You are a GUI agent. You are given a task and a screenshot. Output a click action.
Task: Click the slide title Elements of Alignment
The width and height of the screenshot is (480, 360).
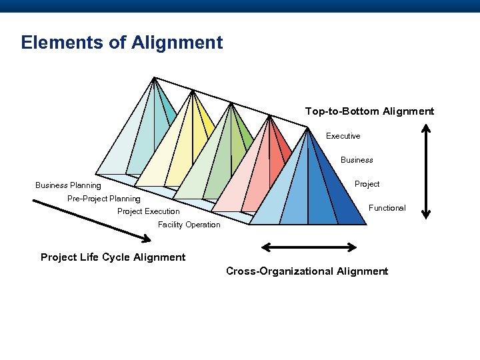(122, 43)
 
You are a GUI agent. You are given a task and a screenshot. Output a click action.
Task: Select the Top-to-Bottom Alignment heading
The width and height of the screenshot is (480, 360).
(369, 111)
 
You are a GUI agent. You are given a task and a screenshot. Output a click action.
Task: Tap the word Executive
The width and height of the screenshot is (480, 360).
(343, 136)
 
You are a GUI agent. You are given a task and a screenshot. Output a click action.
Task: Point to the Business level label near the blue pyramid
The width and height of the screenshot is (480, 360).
(357, 160)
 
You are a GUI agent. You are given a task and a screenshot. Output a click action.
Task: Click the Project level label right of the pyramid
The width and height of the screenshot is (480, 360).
(367, 184)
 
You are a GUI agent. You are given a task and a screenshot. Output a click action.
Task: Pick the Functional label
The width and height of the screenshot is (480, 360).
(387, 208)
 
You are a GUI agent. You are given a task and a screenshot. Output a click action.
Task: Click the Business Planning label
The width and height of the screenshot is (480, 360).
(68, 185)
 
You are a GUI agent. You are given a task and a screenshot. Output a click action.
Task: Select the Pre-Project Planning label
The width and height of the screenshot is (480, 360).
(104, 199)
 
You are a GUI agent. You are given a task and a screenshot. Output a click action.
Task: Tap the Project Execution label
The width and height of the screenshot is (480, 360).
(148, 211)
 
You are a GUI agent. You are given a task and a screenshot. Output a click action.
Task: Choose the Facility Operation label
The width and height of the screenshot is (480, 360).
(189, 225)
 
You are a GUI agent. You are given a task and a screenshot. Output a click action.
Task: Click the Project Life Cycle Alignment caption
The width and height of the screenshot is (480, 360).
(113, 257)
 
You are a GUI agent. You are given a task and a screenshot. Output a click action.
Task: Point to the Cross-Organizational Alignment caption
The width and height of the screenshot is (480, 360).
(307, 271)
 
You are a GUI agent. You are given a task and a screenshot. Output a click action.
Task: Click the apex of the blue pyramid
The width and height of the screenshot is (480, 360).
(307, 129)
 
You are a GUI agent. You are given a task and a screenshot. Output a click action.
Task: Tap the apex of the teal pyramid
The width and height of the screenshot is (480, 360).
(154, 78)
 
